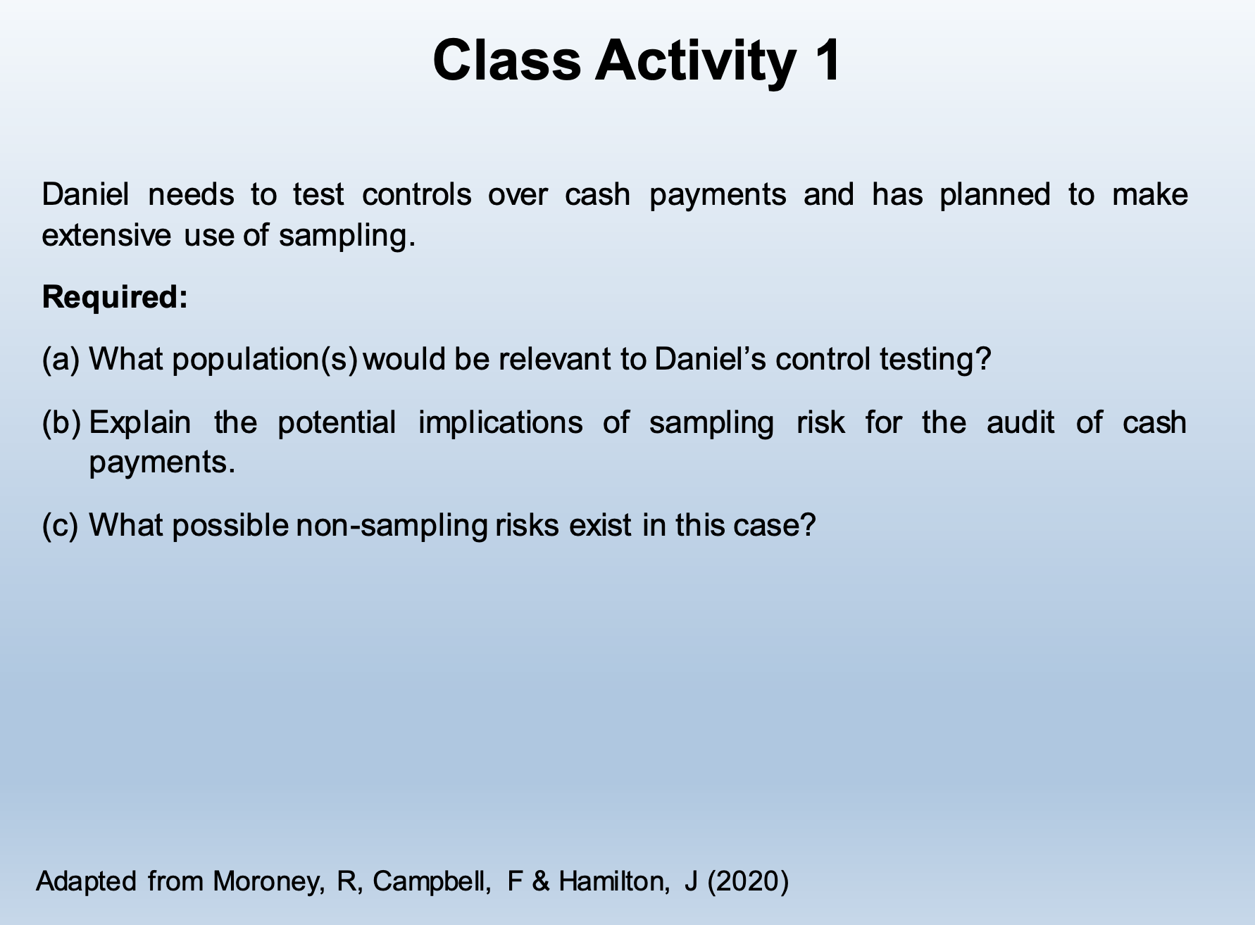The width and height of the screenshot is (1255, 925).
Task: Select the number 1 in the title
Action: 825,60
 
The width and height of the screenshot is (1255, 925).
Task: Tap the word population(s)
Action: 265,360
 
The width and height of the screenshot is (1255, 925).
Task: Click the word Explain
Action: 140,422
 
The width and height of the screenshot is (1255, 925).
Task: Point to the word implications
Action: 501,422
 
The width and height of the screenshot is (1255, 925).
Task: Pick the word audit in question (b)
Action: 1020,422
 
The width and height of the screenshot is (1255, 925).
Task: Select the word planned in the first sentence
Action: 994,195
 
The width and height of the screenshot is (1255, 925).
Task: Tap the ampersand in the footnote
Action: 541,881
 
